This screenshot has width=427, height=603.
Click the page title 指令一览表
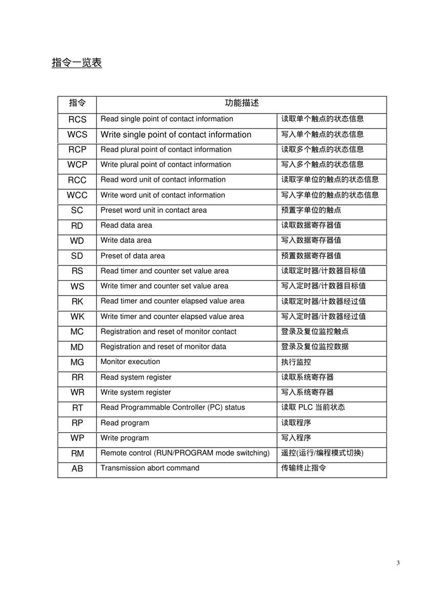click(77, 63)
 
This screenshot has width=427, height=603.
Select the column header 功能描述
click(242, 103)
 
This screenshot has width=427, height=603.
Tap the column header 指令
click(77, 103)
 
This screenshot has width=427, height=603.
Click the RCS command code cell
click(77, 119)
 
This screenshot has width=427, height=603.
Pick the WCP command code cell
click(77, 165)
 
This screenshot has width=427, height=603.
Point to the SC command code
click(77, 210)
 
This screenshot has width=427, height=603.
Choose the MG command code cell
click(77, 362)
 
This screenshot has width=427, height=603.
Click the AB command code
click(77, 468)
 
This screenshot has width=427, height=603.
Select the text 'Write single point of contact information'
click(176, 135)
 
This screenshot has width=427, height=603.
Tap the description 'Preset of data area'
click(133, 256)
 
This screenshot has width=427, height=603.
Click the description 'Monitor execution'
click(130, 362)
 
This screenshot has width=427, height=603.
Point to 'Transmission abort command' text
click(150, 468)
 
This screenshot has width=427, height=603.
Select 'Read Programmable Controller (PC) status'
click(173, 408)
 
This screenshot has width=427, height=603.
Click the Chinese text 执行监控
click(296, 362)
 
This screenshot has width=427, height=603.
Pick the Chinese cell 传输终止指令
click(304, 468)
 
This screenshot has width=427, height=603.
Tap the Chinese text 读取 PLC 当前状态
click(313, 408)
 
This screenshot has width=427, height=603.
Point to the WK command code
click(77, 317)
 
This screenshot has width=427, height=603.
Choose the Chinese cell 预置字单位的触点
click(311, 210)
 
